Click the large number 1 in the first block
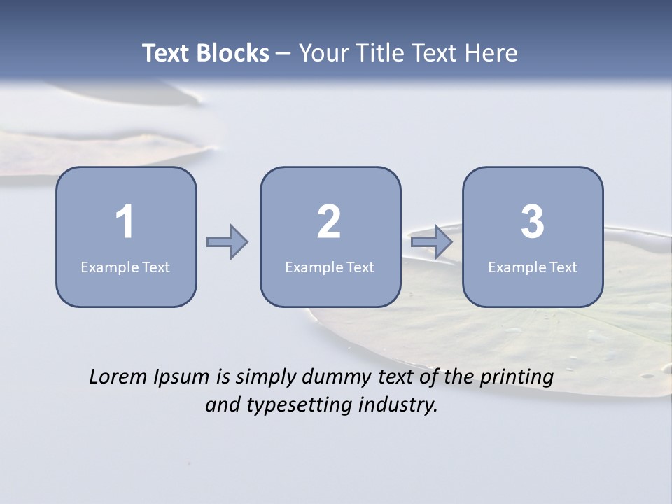point(125,222)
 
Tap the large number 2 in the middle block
point(329,222)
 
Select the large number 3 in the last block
point(533,222)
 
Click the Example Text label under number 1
point(125,267)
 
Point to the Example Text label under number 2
point(330,267)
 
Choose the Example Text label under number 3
point(533,267)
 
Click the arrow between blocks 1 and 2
point(227,242)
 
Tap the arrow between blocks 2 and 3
point(432,242)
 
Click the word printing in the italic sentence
point(517,378)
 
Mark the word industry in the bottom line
point(398,405)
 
